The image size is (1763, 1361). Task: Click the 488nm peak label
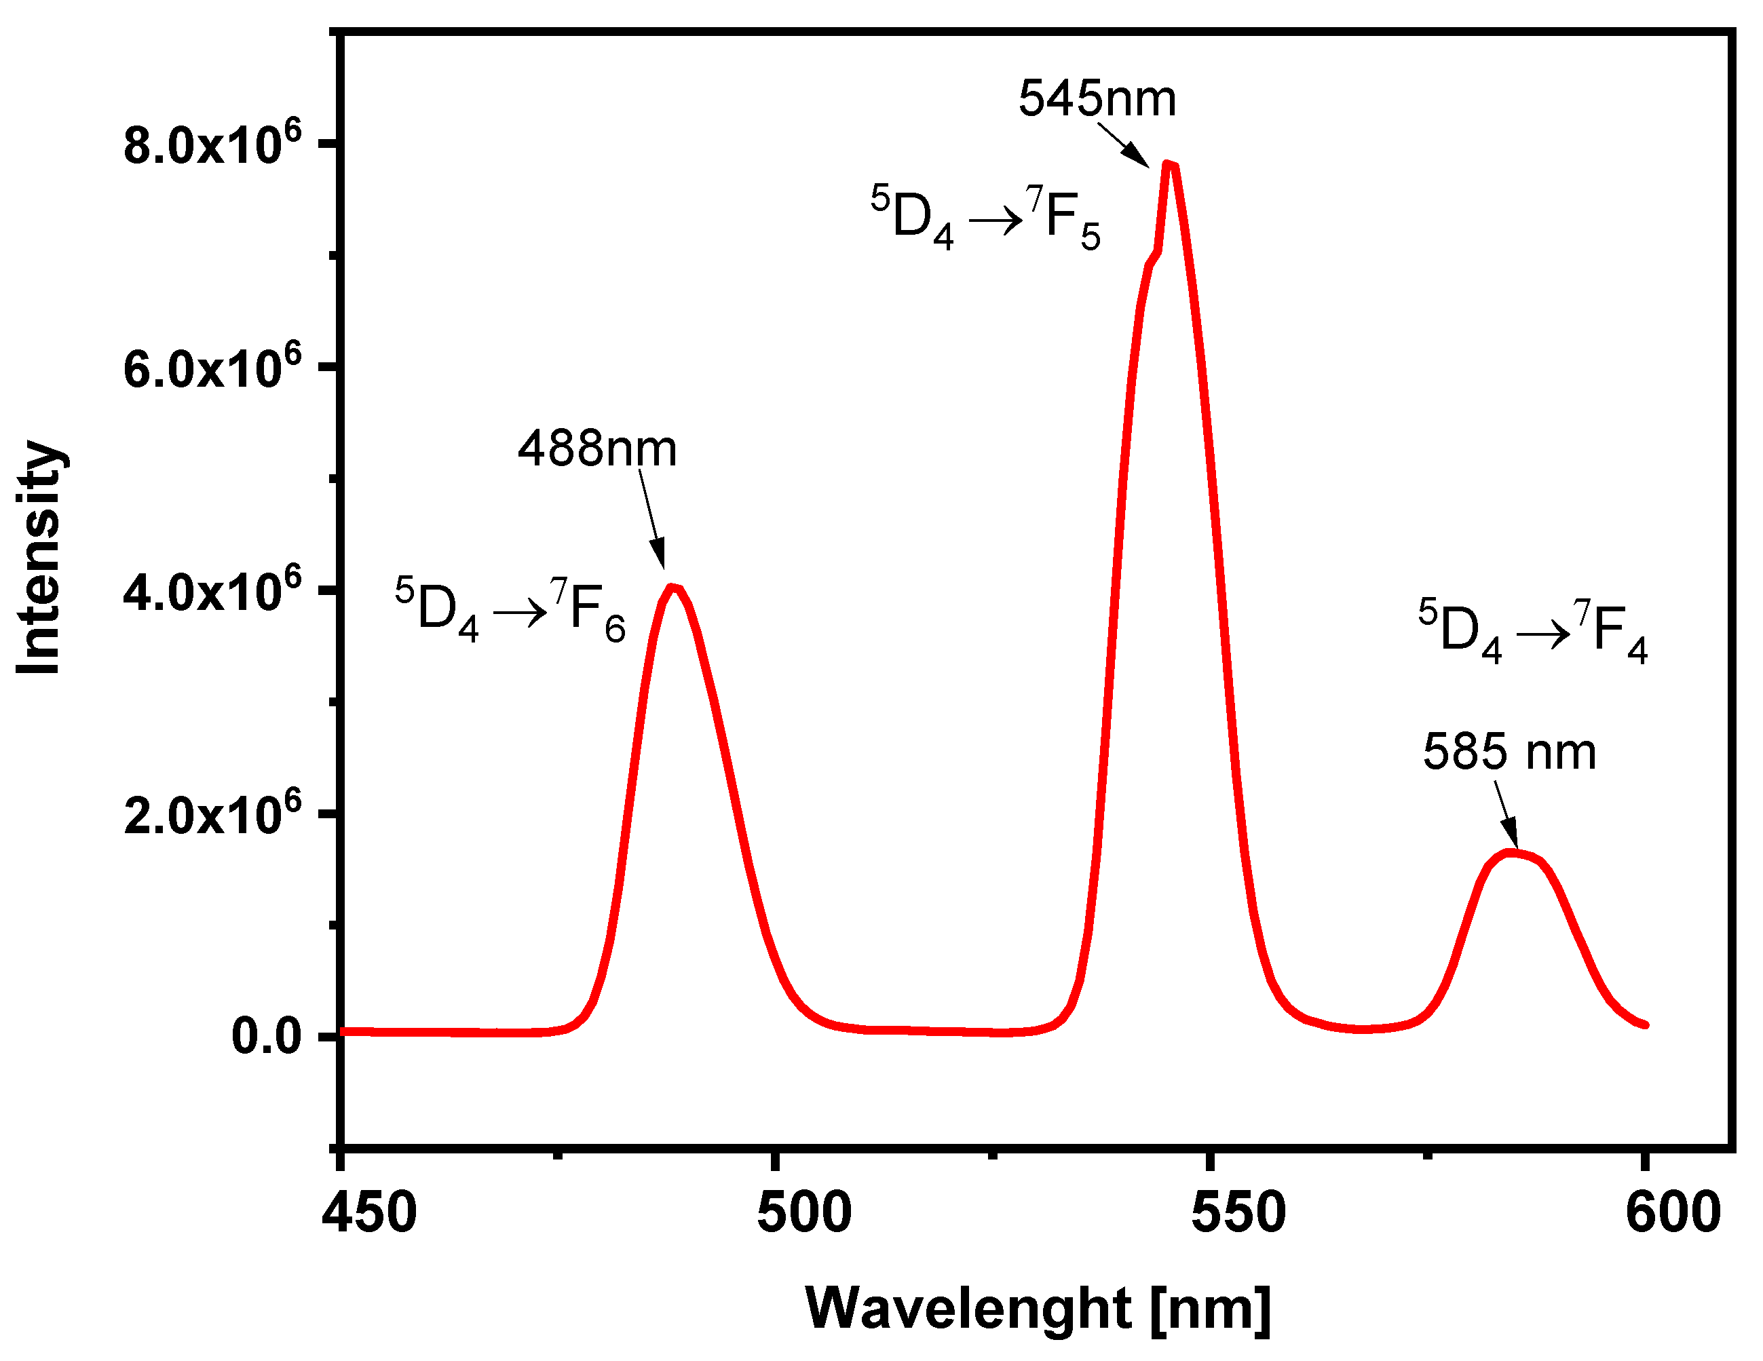pyautogui.click(x=596, y=449)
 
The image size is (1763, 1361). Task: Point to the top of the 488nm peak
pyautogui.click(x=672, y=587)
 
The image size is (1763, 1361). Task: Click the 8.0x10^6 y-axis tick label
pyautogui.click(x=212, y=145)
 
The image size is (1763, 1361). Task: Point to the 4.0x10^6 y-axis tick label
pyautogui.click(x=212, y=591)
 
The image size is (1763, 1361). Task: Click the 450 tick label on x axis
pyautogui.click(x=369, y=1212)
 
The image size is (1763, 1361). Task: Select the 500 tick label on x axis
pyautogui.click(x=804, y=1212)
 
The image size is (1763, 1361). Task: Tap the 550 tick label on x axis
pyautogui.click(x=1238, y=1212)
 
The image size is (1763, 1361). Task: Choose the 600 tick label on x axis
pyautogui.click(x=1673, y=1212)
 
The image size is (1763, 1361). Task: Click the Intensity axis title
pyautogui.click(x=40, y=557)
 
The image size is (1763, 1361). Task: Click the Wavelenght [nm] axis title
pyautogui.click(x=1038, y=1307)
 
